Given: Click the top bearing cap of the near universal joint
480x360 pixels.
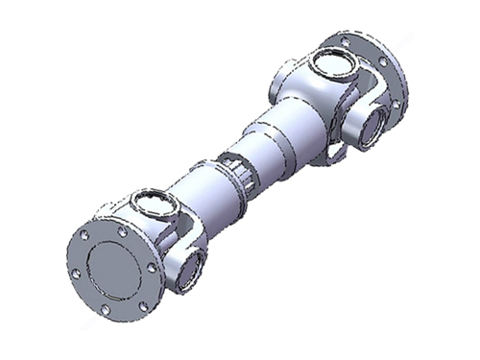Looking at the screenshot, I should (150, 202).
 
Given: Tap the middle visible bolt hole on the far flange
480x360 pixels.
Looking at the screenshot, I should (383, 61).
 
